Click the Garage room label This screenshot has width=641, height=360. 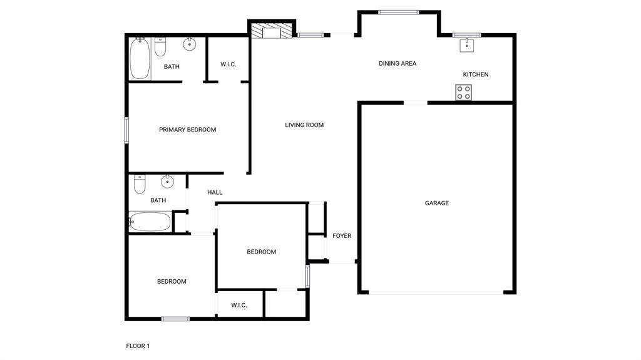[x=436, y=203]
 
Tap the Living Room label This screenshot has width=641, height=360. [x=304, y=125]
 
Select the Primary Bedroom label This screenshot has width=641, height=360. [x=187, y=130]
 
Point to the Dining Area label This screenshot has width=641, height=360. [x=397, y=63]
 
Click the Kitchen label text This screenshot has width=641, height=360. [x=476, y=75]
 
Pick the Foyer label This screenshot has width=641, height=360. [x=342, y=236]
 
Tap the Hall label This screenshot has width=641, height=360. [x=215, y=192]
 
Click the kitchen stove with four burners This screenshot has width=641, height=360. [x=463, y=93]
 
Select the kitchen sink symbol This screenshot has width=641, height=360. [x=467, y=44]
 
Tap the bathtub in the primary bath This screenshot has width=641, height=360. [x=140, y=59]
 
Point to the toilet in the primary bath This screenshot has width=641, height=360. [x=160, y=47]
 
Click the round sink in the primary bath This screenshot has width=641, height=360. [x=189, y=44]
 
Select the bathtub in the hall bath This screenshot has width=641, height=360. [x=150, y=222]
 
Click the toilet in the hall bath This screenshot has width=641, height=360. [x=140, y=184]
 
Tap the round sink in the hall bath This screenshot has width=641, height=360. [x=167, y=182]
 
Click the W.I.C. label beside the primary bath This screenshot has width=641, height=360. [x=228, y=64]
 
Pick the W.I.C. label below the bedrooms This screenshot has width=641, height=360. [x=239, y=306]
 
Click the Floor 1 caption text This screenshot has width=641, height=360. [x=138, y=346]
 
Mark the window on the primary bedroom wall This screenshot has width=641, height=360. [x=126, y=130]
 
